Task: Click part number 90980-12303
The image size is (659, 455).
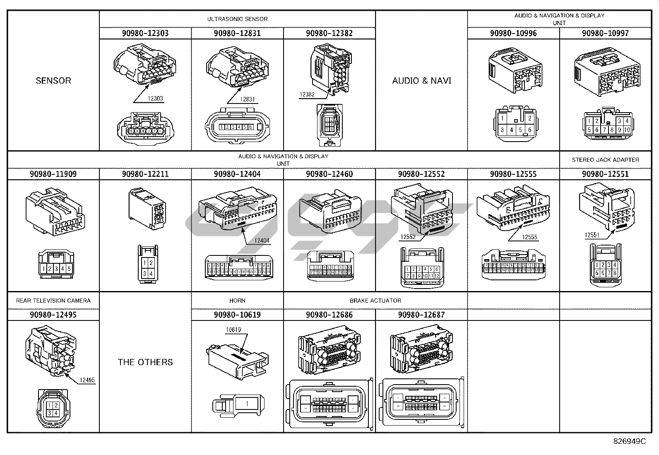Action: (x=145, y=34)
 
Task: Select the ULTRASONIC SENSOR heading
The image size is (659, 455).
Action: (x=237, y=19)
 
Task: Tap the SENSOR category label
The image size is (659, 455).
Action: (x=53, y=81)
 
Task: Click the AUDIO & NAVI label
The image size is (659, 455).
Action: (x=421, y=81)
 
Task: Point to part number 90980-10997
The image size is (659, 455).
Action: (x=605, y=34)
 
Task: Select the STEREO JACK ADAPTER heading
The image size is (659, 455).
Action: (x=605, y=160)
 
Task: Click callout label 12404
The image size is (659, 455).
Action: (x=262, y=241)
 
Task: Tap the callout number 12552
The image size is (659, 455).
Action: (x=408, y=237)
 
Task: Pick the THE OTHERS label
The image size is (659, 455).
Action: (x=145, y=362)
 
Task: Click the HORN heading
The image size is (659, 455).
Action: (x=237, y=301)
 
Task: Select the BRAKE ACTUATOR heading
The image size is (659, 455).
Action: (x=375, y=301)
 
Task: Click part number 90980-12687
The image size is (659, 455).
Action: (x=421, y=315)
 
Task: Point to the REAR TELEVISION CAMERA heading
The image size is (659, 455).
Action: (x=53, y=301)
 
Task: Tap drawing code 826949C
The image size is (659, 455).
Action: (x=629, y=441)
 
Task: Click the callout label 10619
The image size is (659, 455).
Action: (x=233, y=330)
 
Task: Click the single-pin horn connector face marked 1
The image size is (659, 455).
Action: (x=247, y=404)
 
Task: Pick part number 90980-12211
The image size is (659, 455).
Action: (x=145, y=174)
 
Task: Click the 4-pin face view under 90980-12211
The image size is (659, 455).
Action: (x=148, y=268)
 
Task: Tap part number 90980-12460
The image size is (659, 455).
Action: (x=329, y=174)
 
